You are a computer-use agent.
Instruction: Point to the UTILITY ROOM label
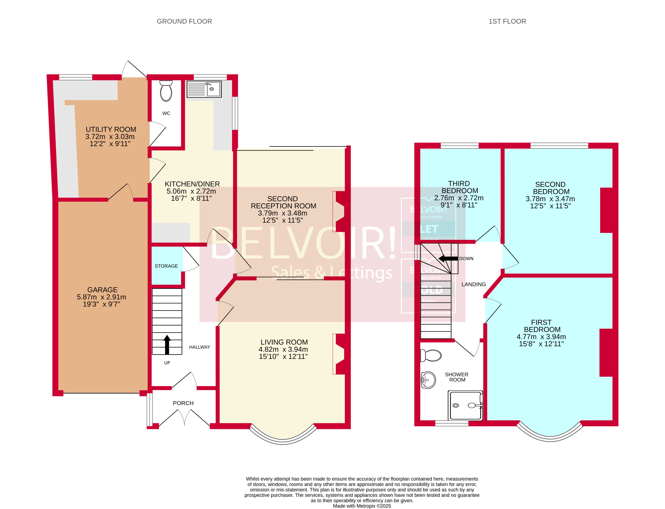111,129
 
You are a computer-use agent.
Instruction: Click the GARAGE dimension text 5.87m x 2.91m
101,297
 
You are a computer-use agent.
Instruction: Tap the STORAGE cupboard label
166,266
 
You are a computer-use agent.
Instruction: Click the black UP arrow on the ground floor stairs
167,345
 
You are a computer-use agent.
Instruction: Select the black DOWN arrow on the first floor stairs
448,259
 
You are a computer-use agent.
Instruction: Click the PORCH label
183,403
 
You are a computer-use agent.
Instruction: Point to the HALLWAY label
199,347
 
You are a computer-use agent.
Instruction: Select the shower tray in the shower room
465,405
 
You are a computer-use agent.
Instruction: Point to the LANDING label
473,284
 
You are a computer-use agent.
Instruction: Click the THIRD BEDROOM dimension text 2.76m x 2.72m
459,198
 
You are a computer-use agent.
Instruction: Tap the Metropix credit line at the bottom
362,506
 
